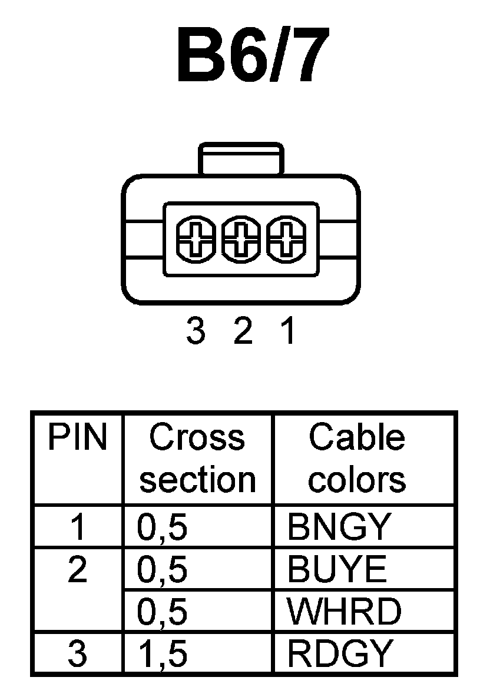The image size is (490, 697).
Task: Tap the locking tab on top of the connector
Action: tap(240, 158)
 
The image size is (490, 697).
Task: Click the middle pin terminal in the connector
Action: tap(240, 240)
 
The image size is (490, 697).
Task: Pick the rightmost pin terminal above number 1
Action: tap(285, 240)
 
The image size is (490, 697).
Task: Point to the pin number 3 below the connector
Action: tap(195, 333)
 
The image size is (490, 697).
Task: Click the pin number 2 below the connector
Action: tap(242, 333)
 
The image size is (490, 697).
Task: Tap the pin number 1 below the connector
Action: tap(287, 333)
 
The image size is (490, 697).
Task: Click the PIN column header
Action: tap(78, 439)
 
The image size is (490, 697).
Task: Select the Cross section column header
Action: tap(197, 459)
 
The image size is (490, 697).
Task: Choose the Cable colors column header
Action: tap(357, 459)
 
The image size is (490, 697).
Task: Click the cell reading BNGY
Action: tap(339, 527)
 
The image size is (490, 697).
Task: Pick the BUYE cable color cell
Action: tap(337, 570)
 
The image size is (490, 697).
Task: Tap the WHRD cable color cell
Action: tap(344, 612)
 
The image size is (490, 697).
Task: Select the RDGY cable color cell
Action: tap(340, 653)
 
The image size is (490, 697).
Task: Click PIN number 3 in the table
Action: tap(78, 653)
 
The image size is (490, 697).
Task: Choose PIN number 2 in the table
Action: tap(78, 570)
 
